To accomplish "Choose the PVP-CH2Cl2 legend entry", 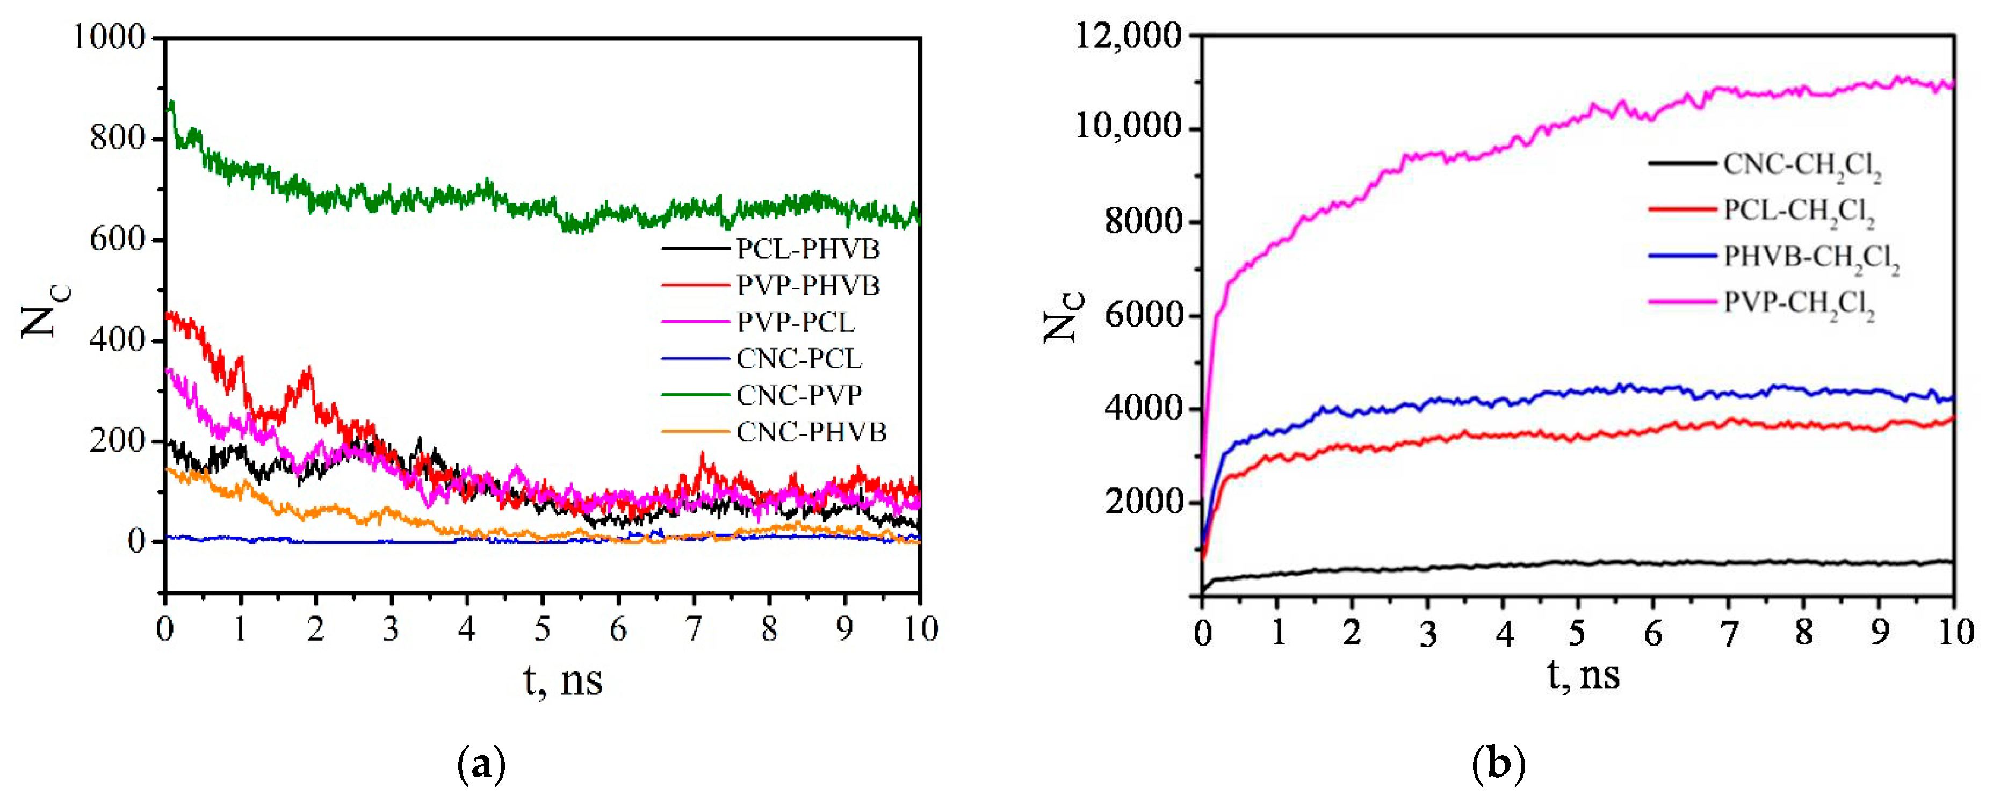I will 1799,302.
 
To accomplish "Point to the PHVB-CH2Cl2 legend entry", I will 1810,257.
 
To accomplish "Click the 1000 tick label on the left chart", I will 109,37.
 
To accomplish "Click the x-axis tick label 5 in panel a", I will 543,630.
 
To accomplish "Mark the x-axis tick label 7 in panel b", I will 1728,634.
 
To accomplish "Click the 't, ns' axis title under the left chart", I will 562,681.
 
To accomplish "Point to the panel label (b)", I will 1499,764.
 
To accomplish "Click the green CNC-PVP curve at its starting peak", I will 171,103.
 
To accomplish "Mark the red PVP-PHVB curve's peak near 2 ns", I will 309,370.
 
